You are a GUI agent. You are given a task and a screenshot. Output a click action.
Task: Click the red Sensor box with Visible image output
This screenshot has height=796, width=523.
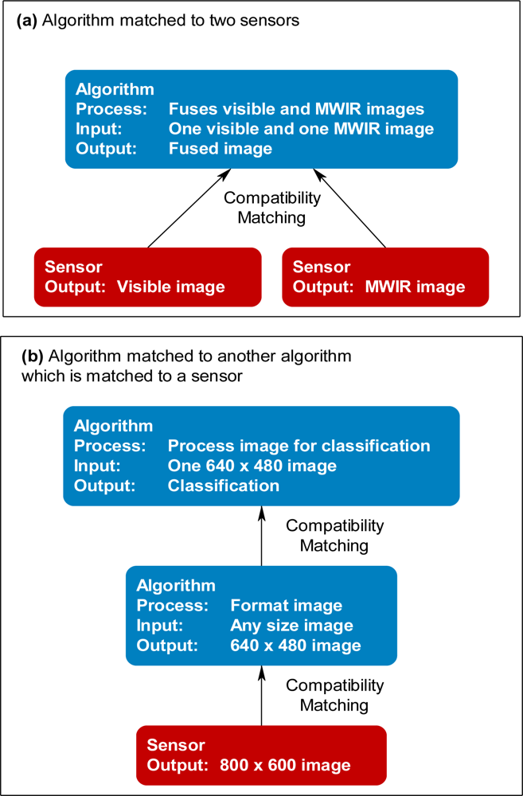pyautogui.click(x=147, y=276)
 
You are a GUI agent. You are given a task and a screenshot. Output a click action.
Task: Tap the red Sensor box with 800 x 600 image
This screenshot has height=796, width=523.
pyautogui.click(x=262, y=755)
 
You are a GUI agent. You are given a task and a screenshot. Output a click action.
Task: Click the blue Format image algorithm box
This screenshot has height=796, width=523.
pyautogui.click(x=262, y=615)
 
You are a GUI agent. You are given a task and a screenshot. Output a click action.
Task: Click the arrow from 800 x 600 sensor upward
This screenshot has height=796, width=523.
pyautogui.click(x=262, y=696)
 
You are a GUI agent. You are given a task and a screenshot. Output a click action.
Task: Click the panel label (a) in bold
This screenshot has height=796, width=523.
pyautogui.click(x=26, y=21)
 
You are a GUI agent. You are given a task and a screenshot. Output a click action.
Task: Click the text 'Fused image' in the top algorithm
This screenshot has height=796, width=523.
pyautogui.click(x=221, y=149)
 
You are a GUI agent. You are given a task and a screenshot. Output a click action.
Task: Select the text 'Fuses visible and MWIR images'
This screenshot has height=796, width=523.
pyautogui.click(x=296, y=109)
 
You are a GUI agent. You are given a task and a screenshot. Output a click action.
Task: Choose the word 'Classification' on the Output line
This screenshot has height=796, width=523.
pyautogui.click(x=224, y=486)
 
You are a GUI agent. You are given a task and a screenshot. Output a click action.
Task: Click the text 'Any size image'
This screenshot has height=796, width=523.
pyautogui.click(x=291, y=625)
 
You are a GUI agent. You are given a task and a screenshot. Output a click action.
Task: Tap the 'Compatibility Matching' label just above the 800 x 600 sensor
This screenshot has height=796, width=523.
pyautogui.click(x=334, y=695)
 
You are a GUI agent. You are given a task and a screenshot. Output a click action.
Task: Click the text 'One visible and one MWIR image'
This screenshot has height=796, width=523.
pyautogui.click(x=301, y=129)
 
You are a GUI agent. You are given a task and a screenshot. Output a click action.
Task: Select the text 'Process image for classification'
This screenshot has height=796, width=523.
pyautogui.click(x=299, y=446)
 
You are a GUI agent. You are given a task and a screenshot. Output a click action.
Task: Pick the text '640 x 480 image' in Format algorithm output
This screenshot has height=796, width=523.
pyautogui.click(x=295, y=645)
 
